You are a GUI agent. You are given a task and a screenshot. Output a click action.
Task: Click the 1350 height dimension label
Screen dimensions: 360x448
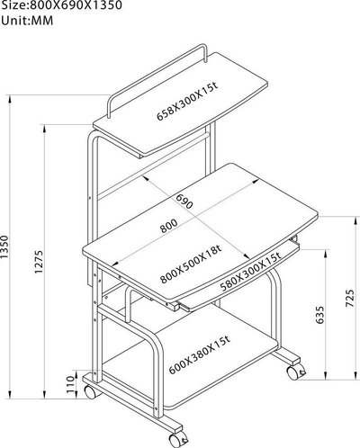tap(4, 246)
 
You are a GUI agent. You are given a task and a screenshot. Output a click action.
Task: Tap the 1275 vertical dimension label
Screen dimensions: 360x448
tap(39, 262)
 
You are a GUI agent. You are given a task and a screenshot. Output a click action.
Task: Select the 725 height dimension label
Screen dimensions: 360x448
tap(350, 298)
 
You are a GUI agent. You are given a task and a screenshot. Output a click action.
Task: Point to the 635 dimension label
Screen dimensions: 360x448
tap(320, 315)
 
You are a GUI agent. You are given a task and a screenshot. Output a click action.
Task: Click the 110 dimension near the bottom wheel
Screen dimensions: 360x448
tap(70, 384)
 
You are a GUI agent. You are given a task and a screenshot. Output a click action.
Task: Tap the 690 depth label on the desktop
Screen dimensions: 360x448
tap(184, 202)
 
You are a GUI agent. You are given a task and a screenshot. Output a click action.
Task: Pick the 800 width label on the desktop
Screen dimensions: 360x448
tap(168, 226)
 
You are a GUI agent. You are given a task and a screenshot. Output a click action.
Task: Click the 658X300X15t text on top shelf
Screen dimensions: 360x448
tap(187, 102)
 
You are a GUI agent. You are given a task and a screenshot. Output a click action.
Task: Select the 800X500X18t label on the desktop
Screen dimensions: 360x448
tap(191, 264)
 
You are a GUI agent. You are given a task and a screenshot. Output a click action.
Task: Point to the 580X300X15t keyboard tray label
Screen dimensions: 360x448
tap(251, 273)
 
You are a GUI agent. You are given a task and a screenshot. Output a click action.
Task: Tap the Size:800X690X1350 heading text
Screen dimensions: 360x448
tap(61, 5)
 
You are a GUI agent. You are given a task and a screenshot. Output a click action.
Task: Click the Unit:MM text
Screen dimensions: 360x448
tap(27, 21)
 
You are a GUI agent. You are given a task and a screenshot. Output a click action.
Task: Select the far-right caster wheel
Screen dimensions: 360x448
tap(296, 372)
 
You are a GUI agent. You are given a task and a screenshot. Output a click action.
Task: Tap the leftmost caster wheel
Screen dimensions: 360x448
tap(90, 391)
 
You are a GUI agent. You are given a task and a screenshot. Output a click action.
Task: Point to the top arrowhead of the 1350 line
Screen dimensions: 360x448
tap(10, 99)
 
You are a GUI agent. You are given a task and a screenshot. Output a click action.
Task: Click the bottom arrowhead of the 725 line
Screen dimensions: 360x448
tap(355, 376)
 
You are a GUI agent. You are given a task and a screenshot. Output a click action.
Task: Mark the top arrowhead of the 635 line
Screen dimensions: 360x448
tap(326, 254)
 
